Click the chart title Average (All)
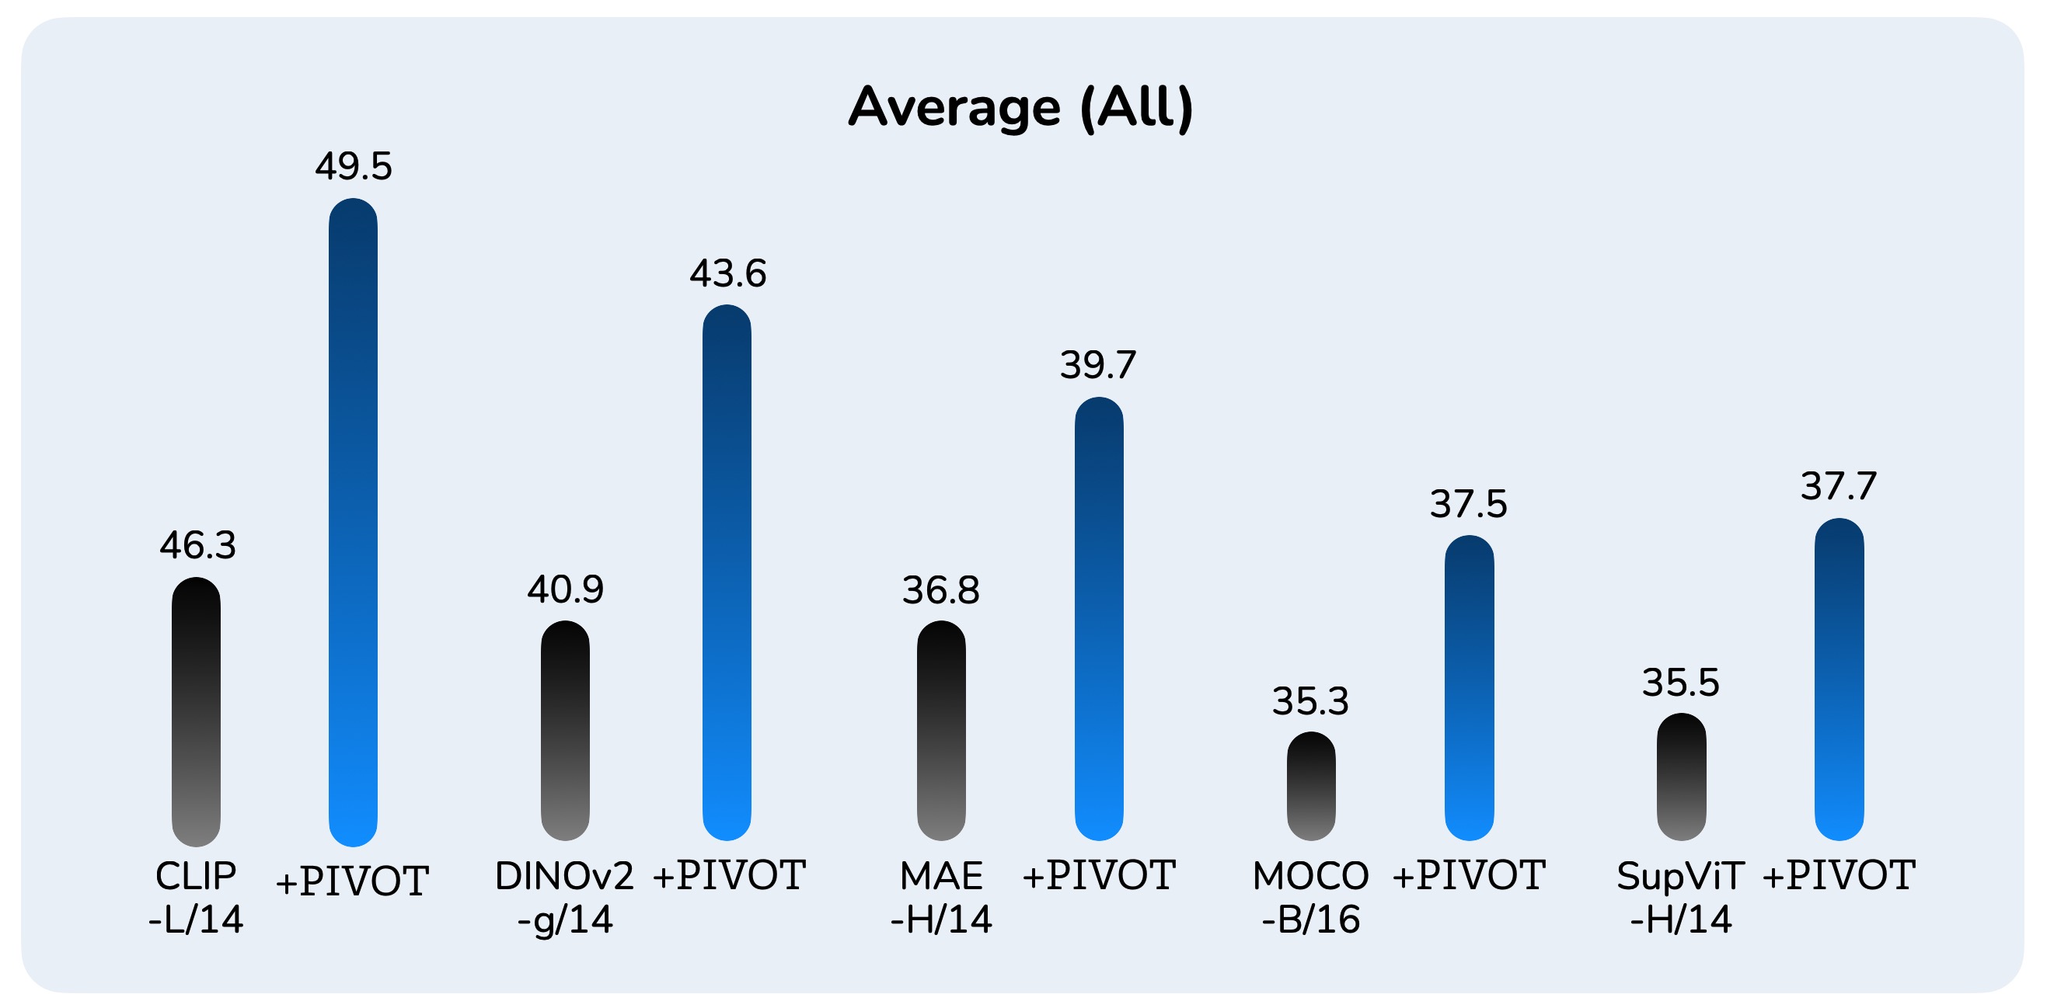[1021, 107]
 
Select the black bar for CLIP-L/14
[197, 711]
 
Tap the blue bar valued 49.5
[353, 522]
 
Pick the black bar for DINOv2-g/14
[565, 730]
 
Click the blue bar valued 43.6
[727, 572]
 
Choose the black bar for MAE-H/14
[941, 730]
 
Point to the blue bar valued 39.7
[1099, 618]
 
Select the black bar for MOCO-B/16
[1311, 786]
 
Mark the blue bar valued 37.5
[1470, 687]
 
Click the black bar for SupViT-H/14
[1682, 776]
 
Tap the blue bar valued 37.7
[1839, 679]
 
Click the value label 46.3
[198, 546]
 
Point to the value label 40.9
[566, 589]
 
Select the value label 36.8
[941, 590]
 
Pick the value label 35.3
[1311, 700]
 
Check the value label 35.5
[1682, 683]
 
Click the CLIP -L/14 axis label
[197, 898]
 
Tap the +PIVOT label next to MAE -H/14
[1099, 875]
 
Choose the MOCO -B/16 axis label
[1311, 898]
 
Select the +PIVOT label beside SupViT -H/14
[1839, 875]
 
